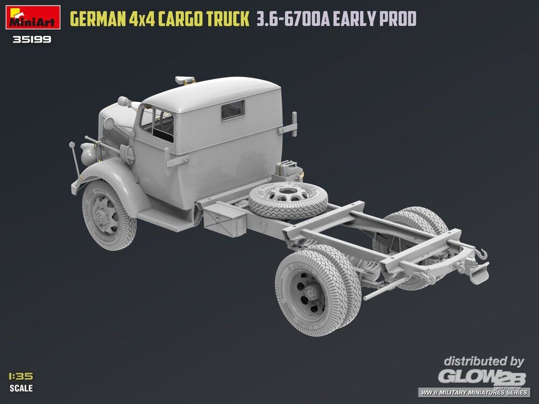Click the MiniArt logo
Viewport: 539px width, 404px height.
[x=33, y=17]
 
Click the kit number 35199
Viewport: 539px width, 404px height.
[x=32, y=39]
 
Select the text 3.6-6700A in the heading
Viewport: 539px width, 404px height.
[x=293, y=19]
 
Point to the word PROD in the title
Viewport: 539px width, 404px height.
[x=398, y=19]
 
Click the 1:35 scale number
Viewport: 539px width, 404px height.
[x=21, y=376]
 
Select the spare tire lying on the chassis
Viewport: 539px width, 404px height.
[x=288, y=200]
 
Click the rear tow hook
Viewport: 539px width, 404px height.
[x=481, y=254]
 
